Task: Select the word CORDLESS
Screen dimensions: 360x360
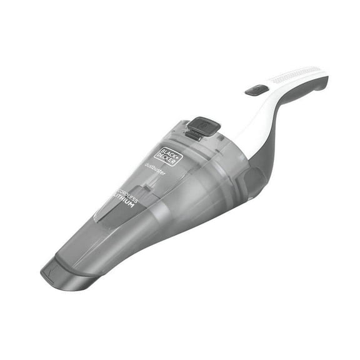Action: tap(127, 194)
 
